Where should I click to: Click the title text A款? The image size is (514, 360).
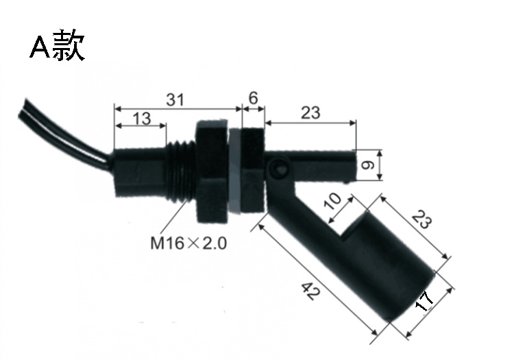[x=58, y=45]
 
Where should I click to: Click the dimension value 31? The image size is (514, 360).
[x=175, y=99]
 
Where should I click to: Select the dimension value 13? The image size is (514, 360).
[x=142, y=119]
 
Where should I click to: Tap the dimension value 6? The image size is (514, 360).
[x=254, y=97]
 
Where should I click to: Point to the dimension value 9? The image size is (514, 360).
[x=367, y=165]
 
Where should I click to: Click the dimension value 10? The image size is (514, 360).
[x=332, y=201]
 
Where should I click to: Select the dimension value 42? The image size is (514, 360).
[x=310, y=291]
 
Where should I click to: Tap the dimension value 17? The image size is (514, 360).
[x=424, y=301]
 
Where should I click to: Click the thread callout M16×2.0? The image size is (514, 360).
[x=188, y=243]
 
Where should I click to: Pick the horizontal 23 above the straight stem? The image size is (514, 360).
[x=310, y=112]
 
